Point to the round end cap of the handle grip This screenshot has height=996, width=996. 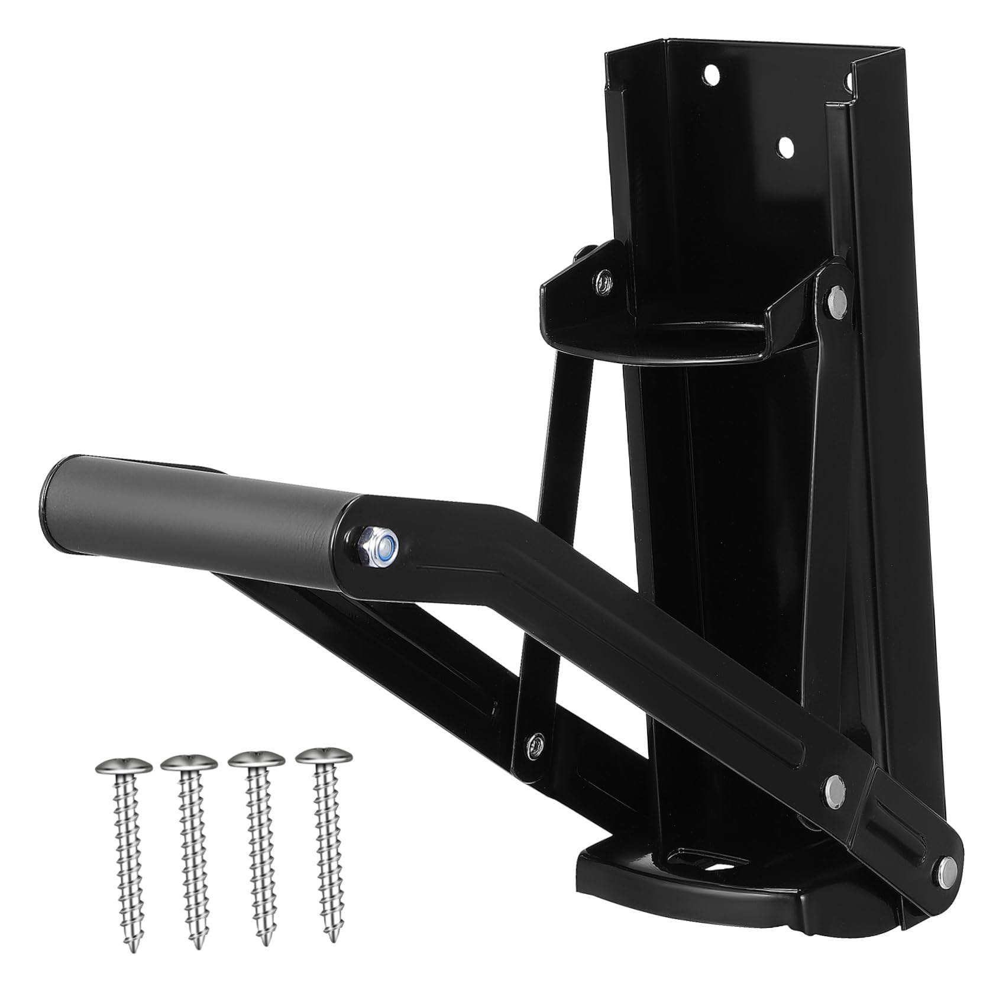(x=50, y=491)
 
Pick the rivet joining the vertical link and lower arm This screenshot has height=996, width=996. (x=535, y=742)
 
